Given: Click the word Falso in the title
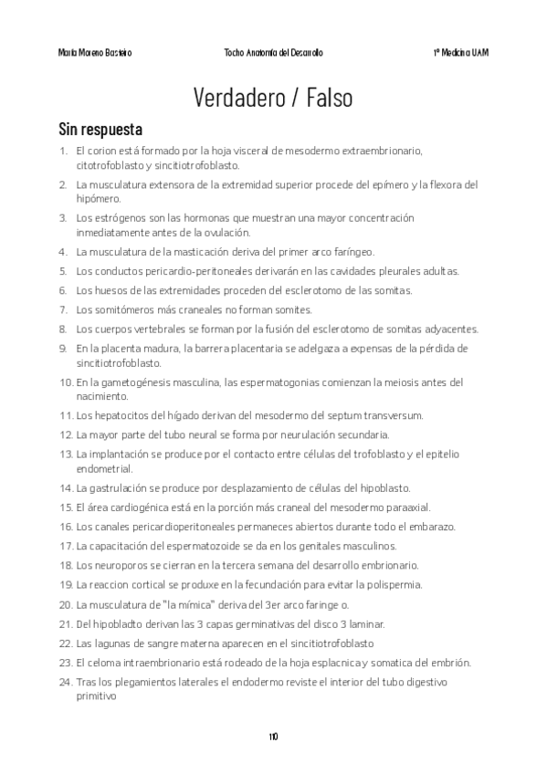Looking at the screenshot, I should click(330, 97).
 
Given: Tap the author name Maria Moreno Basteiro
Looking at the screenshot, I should click(94, 53).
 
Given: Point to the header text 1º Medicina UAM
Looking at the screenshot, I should click(460, 53).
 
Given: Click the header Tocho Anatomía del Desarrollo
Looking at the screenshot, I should click(273, 53).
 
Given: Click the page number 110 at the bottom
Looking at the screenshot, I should click(273, 736).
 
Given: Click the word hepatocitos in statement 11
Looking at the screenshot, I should click(119, 416).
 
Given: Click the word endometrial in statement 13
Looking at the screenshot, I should click(104, 469).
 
